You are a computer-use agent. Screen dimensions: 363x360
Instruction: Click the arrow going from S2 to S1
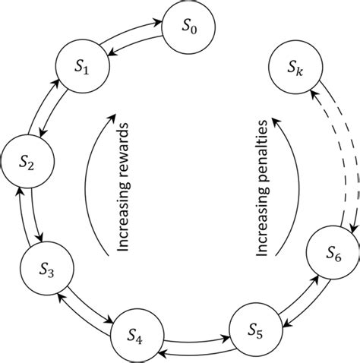[x=43, y=105]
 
